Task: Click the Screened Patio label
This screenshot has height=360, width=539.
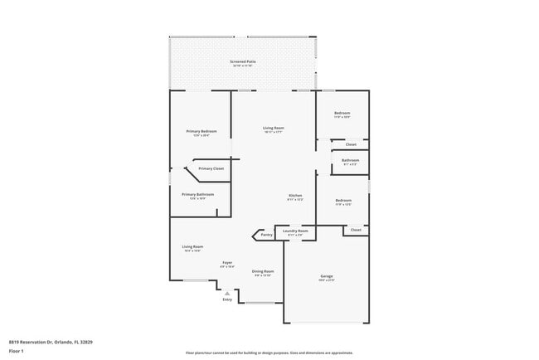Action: [x=242, y=62]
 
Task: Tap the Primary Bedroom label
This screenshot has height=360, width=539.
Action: [x=202, y=131]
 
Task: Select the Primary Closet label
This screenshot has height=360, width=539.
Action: [x=211, y=168]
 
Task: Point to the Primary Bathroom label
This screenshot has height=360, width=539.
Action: [x=198, y=194]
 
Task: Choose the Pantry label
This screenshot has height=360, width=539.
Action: [x=266, y=235]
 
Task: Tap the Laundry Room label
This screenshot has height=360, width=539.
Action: [x=295, y=231]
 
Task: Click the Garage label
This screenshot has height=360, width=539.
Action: [x=327, y=275]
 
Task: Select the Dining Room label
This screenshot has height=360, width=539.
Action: [x=263, y=271]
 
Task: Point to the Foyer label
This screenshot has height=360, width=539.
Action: [x=226, y=263]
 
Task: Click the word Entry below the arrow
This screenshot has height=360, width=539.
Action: [x=227, y=299]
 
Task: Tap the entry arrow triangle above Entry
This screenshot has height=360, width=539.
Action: [x=227, y=292]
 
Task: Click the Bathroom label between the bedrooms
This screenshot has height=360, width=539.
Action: [x=350, y=159]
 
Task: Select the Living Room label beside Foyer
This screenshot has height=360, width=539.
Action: [x=192, y=246]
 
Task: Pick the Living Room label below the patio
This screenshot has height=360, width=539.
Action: [x=273, y=128]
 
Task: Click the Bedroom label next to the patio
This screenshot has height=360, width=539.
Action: [x=342, y=113]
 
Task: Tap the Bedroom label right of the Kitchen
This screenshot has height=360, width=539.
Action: [x=343, y=200]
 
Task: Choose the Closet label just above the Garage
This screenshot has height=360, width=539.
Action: [x=355, y=230]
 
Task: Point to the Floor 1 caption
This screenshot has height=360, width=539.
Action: [x=17, y=351]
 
